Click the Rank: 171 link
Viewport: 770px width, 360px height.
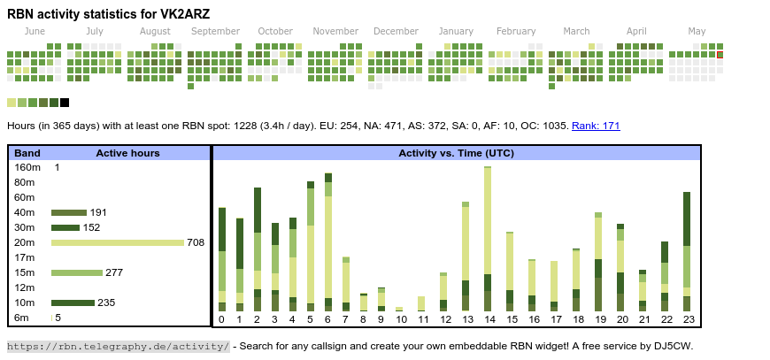pyautogui.click(x=596, y=126)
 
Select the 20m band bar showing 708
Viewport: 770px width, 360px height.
pyautogui.click(x=118, y=242)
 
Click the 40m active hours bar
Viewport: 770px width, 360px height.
pyautogui.click(x=68, y=212)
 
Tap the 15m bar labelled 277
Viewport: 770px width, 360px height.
pyautogui.click(x=77, y=272)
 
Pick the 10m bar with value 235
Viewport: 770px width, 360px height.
pyautogui.click(x=73, y=303)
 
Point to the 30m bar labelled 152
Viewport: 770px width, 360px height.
pyautogui.click(x=65, y=227)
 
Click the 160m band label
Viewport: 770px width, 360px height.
pyautogui.click(x=27, y=167)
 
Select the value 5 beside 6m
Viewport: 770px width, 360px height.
pyautogui.click(x=58, y=318)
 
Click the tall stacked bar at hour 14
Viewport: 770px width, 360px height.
pyautogui.click(x=488, y=239)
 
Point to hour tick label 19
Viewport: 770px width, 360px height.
pyautogui.click(x=599, y=319)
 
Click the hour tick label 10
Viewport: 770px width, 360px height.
pyautogui.click(x=399, y=319)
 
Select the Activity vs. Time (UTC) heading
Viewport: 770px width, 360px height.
pyautogui.click(x=456, y=153)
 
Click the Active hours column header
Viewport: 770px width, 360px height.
pyautogui.click(x=127, y=153)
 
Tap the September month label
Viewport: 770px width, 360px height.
pyautogui.click(x=215, y=31)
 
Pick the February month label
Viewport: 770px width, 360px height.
pyautogui.click(x=516, y=31)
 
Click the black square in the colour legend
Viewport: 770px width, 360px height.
pyautogui.click(x=65, y=103)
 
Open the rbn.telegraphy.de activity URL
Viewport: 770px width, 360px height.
pyautogui.click(x=119, y=346)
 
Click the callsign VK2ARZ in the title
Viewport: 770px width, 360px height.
pyautogui.click(x=182, y=13)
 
